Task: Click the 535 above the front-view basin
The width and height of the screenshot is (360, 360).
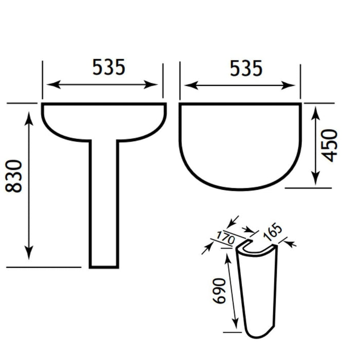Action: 108,67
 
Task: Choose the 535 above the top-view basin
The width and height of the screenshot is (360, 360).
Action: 245,67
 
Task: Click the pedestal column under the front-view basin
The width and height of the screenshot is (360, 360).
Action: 104,206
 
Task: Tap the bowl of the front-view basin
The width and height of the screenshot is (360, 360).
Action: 104,121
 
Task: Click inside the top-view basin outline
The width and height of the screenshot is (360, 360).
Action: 240,144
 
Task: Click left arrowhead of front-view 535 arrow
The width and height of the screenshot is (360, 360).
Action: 48,84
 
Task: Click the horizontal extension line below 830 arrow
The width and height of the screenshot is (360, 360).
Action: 44,267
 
